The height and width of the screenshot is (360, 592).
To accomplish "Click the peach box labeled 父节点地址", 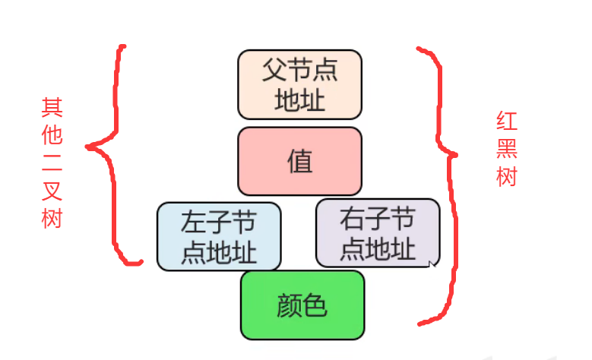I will [299, 84].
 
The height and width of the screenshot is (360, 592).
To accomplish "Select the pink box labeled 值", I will [299, 161].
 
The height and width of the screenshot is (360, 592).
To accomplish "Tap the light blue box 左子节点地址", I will [219, 236].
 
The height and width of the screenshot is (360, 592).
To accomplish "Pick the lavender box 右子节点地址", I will [377, 232].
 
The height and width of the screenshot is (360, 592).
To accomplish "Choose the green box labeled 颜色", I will [302, 305].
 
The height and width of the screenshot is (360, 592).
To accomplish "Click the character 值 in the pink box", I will [300, 161].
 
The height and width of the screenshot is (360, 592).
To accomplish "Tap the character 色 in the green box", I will [315, 305].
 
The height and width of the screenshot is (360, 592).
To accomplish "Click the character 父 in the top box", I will [274, 71].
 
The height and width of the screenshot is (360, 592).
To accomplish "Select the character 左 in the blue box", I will [193, 223].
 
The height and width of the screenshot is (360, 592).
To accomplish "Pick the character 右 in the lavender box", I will [352, 219].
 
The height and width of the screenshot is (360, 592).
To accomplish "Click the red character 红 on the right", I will [508, 122].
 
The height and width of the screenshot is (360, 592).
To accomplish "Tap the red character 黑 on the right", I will [508, 150].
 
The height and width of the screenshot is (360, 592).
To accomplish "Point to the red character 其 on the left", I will [52, 107].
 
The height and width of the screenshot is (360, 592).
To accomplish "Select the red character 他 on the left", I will [52, 135].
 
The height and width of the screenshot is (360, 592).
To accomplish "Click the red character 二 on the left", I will [52, 163].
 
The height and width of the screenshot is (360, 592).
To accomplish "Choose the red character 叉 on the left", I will [52, 191].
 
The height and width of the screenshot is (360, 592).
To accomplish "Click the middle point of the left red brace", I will [90, 146].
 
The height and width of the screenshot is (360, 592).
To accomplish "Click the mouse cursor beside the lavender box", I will [432, 264].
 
